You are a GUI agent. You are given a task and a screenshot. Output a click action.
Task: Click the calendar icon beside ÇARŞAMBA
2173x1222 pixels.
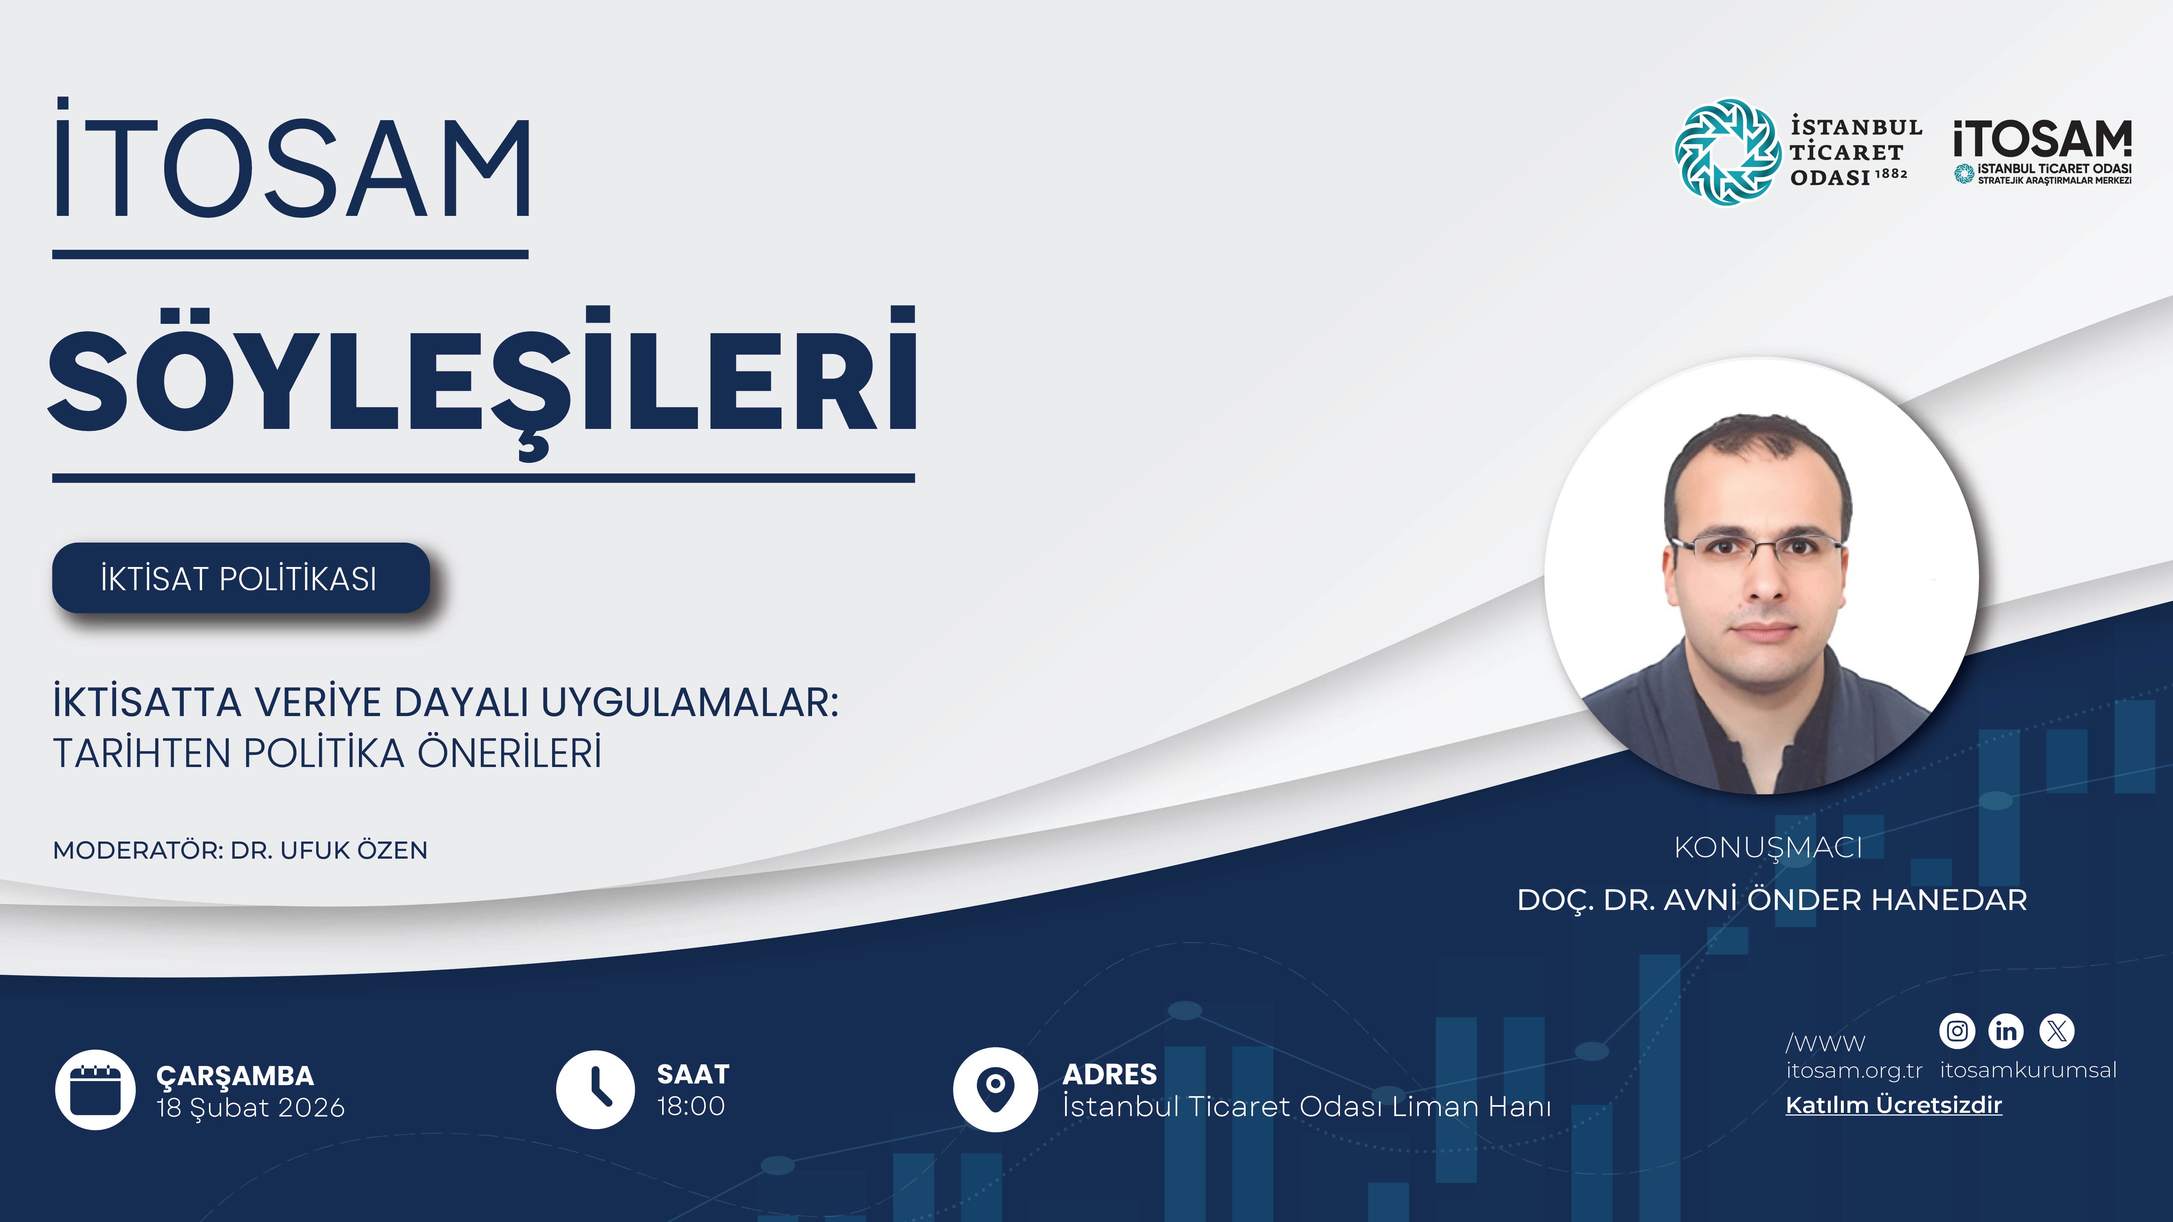tap(95, 1090)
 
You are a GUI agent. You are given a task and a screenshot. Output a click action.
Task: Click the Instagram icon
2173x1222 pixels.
tap(1957, 1031)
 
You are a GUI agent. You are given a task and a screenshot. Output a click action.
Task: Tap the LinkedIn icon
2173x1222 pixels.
tap(2006, 1031)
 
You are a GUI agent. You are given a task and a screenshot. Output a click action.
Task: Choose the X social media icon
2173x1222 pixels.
tap(2056, 1031)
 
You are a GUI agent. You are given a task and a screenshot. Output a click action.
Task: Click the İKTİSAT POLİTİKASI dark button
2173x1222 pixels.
tap(240, 578)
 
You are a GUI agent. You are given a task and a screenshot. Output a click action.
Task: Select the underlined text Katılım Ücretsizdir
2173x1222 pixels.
tap(1893, 1105)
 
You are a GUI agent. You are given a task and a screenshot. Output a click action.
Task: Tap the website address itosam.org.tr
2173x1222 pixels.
tap(1853, 1070)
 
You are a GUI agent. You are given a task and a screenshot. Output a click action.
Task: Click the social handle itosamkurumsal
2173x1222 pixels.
tap(2028, 1070)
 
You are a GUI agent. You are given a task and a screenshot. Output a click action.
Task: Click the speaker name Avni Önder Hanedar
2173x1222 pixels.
tap(1772, 900)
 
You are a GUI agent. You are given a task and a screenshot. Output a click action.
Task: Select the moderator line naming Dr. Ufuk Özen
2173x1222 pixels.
tap(240, 850)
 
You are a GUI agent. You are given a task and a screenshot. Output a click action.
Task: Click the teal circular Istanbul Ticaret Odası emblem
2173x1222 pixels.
tap(1727, 152)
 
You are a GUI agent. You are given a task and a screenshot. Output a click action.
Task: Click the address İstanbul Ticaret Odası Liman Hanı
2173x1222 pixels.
tap(1307, 1106)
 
